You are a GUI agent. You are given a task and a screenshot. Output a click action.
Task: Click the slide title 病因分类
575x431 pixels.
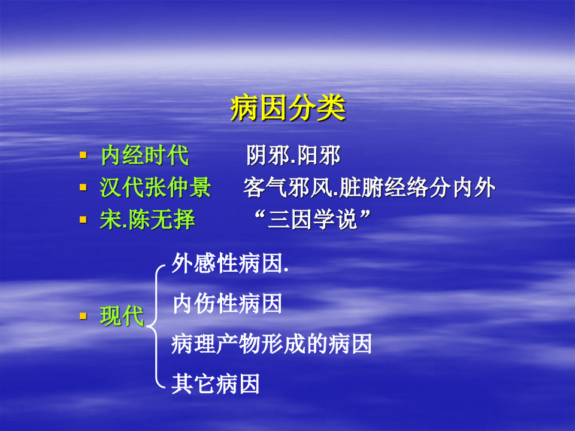(x=287, y=110)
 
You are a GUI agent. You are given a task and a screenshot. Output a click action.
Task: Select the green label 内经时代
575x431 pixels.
(x=144, y=156)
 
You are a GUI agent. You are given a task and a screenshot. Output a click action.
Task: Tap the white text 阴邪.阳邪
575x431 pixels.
(x=293, y=156)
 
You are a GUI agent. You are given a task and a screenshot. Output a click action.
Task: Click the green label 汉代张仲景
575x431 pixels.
(x=155, y=188)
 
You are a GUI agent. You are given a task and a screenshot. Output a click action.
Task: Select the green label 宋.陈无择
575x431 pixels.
(x=147, y=220)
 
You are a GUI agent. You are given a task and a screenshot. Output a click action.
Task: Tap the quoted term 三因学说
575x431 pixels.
(x=311, y=220)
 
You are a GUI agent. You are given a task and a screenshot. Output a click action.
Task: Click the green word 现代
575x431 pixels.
(x=122, y=315)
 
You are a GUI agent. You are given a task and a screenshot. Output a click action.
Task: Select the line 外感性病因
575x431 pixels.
(x=230, y=263)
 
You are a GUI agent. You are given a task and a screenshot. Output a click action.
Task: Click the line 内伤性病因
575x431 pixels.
(x=227, y=304)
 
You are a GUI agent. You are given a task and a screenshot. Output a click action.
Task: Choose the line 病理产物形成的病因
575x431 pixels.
(x=271, y=344)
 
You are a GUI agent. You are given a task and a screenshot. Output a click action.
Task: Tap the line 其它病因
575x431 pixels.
(x=216, y=384)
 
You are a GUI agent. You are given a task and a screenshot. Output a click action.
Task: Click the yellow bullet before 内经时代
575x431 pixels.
(x=83, y=156)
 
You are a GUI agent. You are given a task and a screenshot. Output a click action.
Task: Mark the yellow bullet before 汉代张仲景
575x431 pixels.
(x=83, y=187)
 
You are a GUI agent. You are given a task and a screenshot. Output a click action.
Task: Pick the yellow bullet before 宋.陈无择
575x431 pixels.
(x=83, y=220)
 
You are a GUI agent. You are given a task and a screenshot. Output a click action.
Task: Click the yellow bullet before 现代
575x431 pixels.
(x=83, y=315)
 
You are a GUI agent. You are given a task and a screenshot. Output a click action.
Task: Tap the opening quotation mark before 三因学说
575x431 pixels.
(x=259, y=215)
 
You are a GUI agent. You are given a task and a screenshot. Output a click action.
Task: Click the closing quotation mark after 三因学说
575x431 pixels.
(x=364, y=215)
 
